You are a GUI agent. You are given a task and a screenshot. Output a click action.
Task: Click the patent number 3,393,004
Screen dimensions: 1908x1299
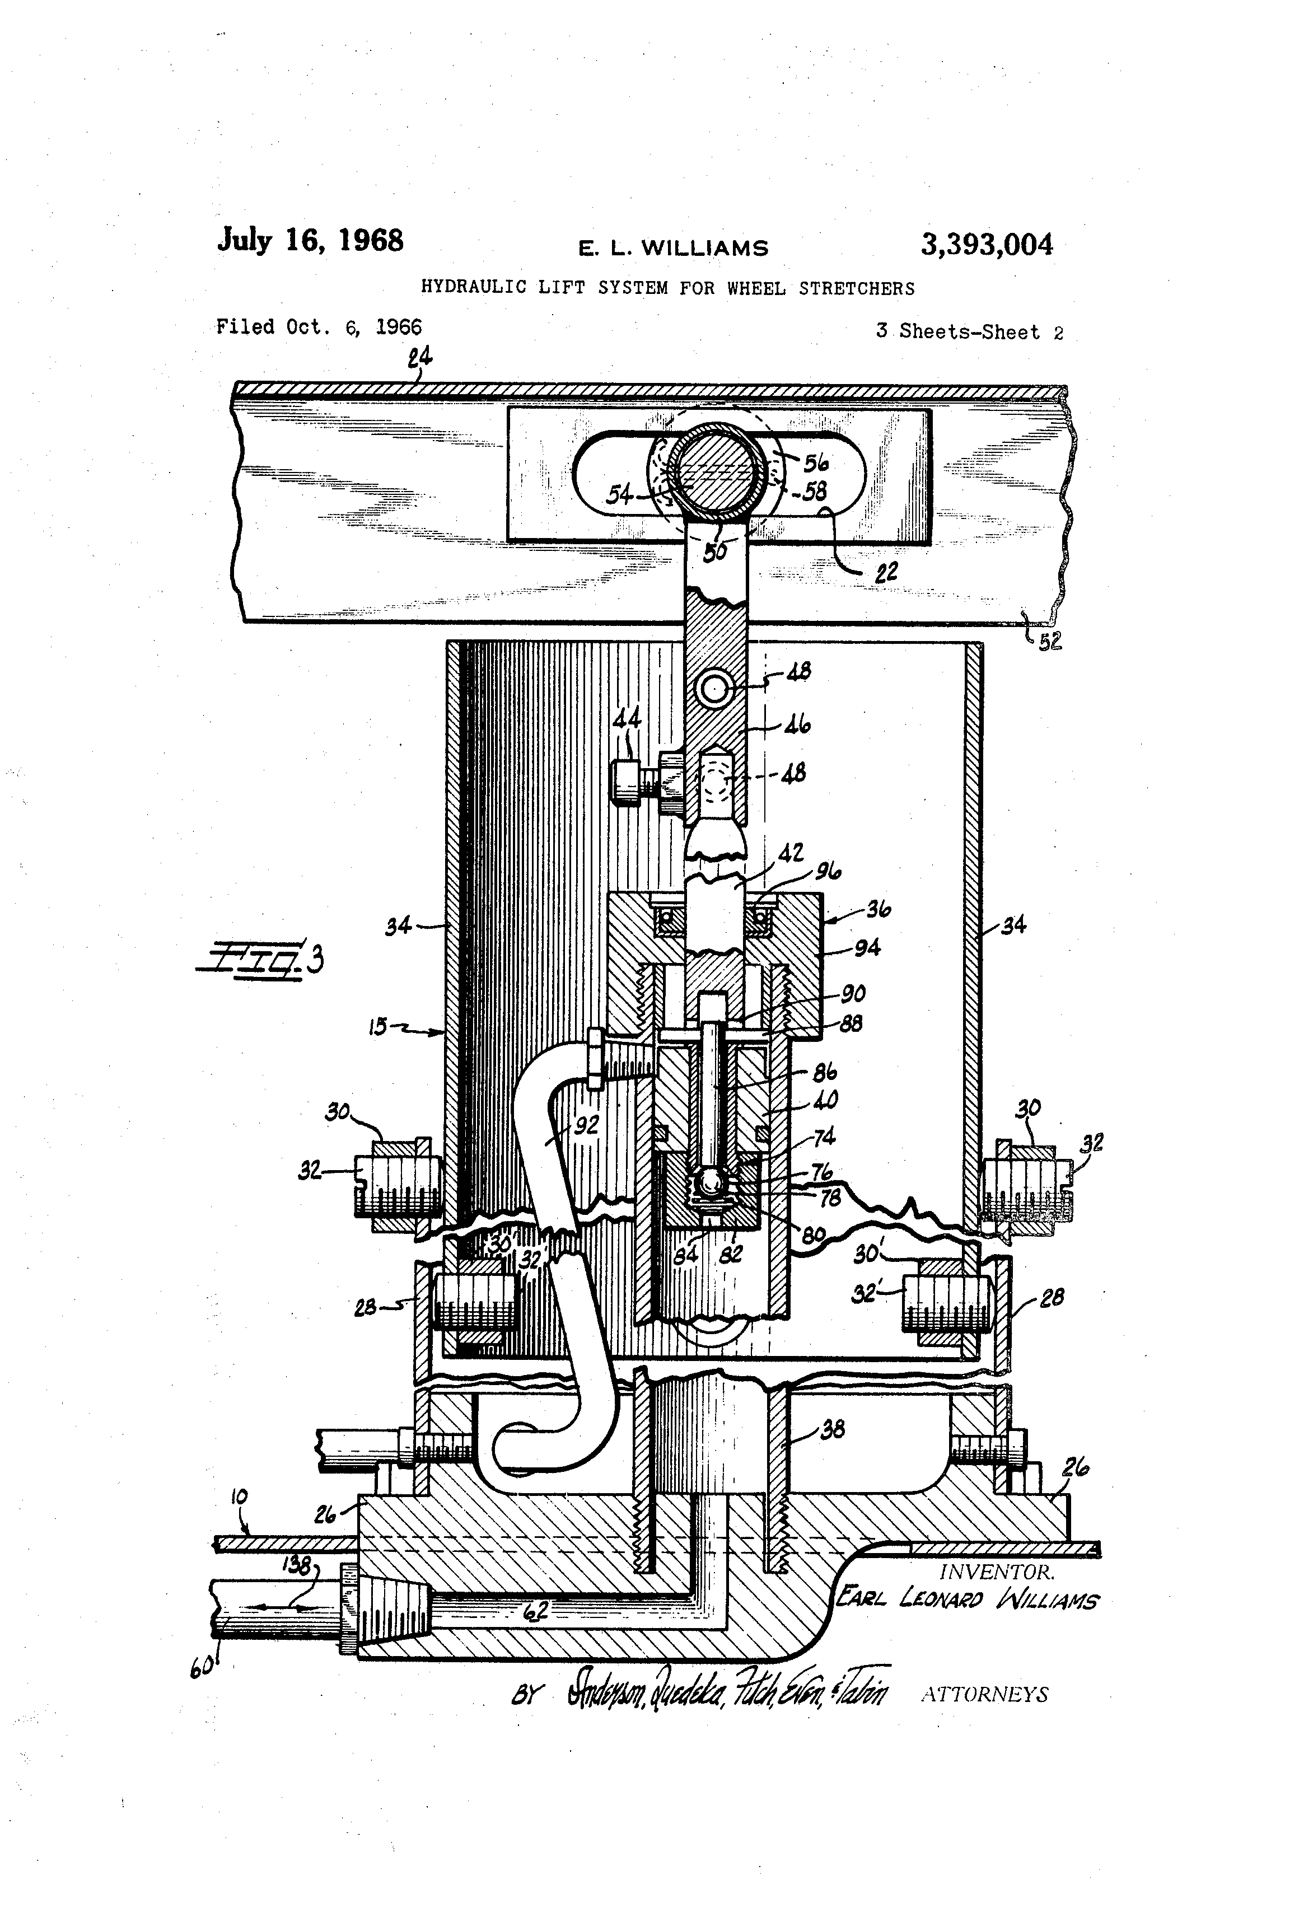point(985,245)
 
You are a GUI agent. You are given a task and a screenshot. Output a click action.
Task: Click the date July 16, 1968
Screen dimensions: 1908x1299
point(310,241)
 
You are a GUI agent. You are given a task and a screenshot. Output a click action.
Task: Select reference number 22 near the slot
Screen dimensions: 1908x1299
point(885,572)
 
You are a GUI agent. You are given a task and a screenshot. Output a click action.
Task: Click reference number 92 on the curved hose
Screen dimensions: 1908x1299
point(586,1125)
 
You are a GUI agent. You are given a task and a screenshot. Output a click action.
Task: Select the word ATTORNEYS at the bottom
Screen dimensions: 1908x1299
point(984,1695)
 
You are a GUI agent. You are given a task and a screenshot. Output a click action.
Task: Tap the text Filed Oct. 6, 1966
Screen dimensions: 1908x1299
point(319,327)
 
